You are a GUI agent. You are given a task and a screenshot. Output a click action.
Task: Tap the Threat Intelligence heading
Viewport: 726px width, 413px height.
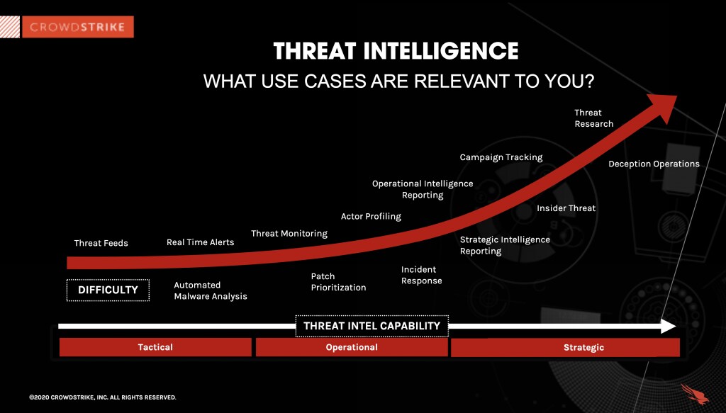pyautogui.click(x=396, y=51)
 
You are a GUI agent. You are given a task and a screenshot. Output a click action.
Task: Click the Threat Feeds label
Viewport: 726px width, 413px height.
pyautogui.click(x=101, y=243)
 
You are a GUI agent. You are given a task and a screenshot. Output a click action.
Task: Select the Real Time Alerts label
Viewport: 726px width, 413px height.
pyautogui.click(x=200, y=242)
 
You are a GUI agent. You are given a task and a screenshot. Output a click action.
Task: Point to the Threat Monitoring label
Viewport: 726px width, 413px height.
pyautogui.click(x=289, y=234)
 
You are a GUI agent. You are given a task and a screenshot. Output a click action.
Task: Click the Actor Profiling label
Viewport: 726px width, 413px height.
pyautogui.click(x=371, y=216)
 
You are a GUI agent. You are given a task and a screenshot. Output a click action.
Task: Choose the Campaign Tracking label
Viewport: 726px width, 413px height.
pyautogui.click(x=501, y=157)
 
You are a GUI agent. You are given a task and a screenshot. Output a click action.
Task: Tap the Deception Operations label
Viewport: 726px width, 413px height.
pyautogui.click(x=654, y=164)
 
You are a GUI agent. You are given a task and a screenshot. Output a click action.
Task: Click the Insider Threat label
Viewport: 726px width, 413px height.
pyautogui.click(x=566, y=208)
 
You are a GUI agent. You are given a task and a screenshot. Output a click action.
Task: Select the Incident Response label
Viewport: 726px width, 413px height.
pyautogui.click(x=421, y=275)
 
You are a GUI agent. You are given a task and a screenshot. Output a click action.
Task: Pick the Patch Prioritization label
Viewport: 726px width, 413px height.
pyautogui.click(x=338, y=282)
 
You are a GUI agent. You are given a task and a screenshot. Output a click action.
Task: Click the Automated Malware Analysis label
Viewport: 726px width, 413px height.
pyautogui.click(x=211, y=290)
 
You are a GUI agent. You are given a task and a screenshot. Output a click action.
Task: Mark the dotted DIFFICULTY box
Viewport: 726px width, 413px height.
pyautogui.click(x=108, y=290)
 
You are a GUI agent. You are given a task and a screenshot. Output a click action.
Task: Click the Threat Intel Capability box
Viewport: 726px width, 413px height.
pyautogui.click(x=372, y=326)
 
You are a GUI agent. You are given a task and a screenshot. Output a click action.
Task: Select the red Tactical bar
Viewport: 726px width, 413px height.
pyautogui.click(x=155, y=347)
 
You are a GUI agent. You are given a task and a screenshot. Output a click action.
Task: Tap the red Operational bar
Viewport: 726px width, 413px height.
pyautogui.click(x=352, y=347)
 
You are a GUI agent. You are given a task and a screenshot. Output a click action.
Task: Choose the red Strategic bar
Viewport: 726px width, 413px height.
pyautogui.click(x=565, y=347)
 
